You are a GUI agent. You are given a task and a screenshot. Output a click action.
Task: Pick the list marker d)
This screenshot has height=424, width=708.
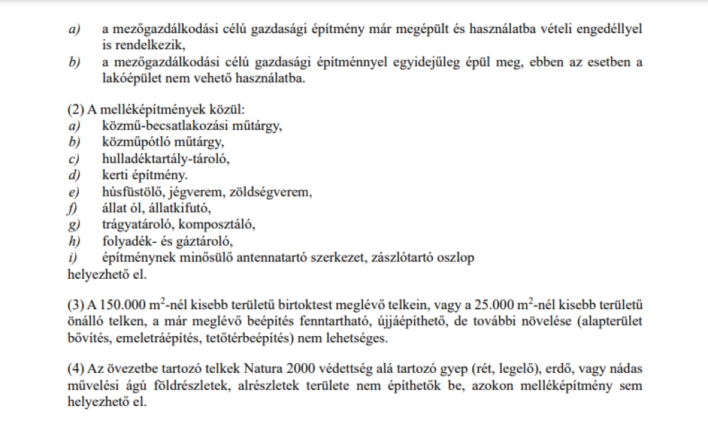75,176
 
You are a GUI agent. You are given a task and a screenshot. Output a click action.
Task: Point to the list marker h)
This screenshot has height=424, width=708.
75,241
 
